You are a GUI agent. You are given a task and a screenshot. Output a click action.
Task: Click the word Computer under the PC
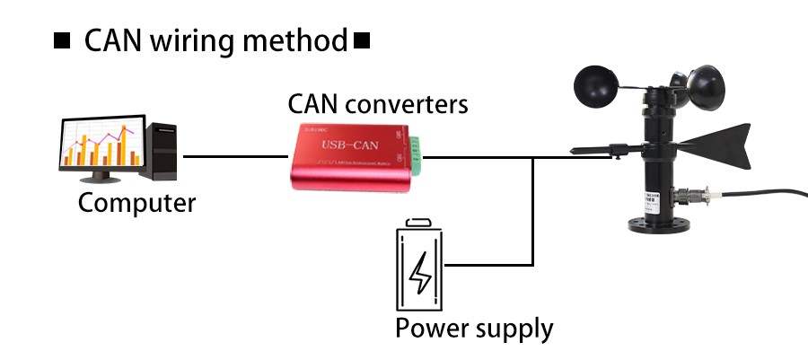(x=136, y=202)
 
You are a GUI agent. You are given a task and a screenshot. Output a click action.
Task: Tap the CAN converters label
(x=377, y=104)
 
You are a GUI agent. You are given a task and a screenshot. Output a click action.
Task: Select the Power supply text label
(x=474, y=328)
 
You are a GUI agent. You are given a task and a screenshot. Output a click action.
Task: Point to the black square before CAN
(x=63, y=41)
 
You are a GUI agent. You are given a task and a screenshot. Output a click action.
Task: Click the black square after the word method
(x=363, y=41)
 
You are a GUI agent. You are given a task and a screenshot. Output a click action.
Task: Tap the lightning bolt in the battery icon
(x=420, y=273)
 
